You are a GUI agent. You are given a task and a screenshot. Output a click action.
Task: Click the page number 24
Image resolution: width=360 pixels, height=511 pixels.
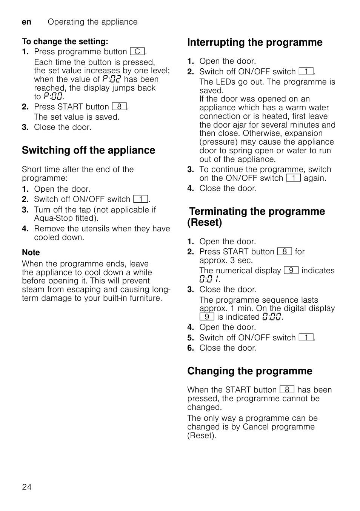(x=27, y=487)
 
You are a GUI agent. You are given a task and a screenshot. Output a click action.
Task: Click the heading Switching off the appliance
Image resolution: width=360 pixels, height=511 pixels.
(x=88, y=150)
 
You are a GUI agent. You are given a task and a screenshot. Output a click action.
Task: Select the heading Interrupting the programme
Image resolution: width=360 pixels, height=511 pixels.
(x=255, y=42)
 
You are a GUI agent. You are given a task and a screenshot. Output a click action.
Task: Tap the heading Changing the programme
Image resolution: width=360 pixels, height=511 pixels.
(x=250, y=371)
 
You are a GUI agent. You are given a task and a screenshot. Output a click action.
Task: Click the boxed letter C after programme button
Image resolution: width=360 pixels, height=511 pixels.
(x=137, y=52)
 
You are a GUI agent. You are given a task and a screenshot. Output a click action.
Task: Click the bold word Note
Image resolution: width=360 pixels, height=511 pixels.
(x=31, y=252)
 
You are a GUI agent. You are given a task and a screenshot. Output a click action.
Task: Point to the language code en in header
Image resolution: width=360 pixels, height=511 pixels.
(x=26, y=22)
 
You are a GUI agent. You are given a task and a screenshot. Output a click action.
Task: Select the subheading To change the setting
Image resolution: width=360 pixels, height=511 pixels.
(x=65, y=42)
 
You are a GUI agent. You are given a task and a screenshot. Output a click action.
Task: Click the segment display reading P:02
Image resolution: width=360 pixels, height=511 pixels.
(x=112, y=79)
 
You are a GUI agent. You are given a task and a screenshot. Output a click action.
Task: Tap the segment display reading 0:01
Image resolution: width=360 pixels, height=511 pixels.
(x=209, y=279)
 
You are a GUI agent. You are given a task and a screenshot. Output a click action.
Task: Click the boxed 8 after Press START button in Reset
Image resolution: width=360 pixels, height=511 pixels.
(x=284, y=252)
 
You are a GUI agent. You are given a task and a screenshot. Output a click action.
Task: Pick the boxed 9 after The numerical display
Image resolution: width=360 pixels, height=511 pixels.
(x=291, y=271)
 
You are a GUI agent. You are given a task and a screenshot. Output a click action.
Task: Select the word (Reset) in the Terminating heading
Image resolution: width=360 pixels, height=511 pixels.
(x=205, y=223)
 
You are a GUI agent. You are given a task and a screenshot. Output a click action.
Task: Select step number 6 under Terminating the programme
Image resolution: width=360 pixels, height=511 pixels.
(x=191, y=348)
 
